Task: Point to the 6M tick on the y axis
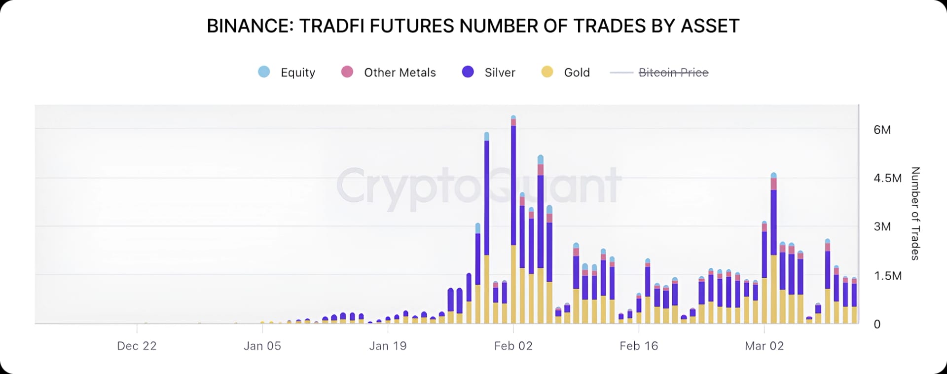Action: point(882,130)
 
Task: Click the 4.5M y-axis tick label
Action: point(887,178)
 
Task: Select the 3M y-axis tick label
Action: point(882,226)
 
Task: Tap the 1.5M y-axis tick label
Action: point(887,276)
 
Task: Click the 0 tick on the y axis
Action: point(877,324)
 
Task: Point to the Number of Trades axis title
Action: point(915,214)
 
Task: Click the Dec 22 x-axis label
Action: point(137,346)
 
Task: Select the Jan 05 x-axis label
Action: point(262,346)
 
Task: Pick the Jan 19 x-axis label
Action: point(388,346)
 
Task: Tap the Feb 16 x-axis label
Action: point(639,346)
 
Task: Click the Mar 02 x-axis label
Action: point(764,346)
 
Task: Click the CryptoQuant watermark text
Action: point(478,186)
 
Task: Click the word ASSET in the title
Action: point(710,26)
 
